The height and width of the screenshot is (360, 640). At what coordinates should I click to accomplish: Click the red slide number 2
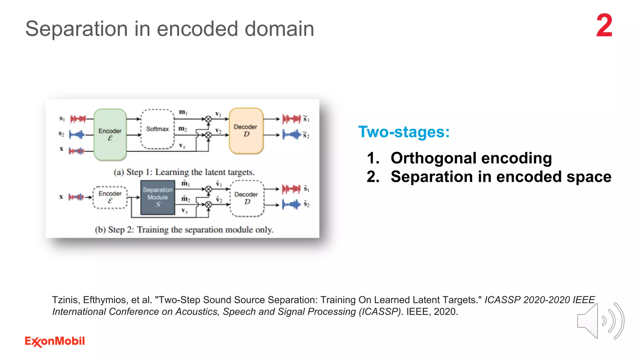[604, 26]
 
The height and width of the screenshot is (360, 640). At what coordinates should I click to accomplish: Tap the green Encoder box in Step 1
[110, 134]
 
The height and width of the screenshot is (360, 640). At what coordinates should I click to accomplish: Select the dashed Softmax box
[157, 129]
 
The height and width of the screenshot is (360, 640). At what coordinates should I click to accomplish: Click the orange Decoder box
[246, 131]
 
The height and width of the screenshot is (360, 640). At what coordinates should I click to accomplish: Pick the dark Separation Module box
[157, 197]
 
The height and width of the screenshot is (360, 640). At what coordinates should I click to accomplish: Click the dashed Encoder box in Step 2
[110, 197]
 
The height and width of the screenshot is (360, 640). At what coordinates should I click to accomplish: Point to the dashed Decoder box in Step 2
[247, 198]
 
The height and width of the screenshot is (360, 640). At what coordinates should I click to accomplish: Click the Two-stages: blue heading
[403, 132]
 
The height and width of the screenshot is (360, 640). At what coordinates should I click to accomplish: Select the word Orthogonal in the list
[432, 158]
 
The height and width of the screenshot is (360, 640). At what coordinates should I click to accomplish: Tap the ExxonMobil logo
[55, 341]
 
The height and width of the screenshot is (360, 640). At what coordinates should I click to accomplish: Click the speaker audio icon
[600, 321]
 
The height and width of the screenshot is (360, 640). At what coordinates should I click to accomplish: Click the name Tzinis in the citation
[65, 300]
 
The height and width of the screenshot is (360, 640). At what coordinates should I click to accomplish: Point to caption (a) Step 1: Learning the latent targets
[184, 172]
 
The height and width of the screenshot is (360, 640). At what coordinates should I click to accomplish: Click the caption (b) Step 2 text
[184, 230]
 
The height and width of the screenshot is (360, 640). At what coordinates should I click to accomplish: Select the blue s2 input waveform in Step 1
[77, 135]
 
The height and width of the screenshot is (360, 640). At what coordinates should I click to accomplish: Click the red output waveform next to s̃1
[291, 119]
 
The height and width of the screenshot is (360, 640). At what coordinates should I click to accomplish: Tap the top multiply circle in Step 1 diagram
[208, 119]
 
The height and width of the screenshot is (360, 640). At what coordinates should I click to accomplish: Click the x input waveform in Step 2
[76, 197]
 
